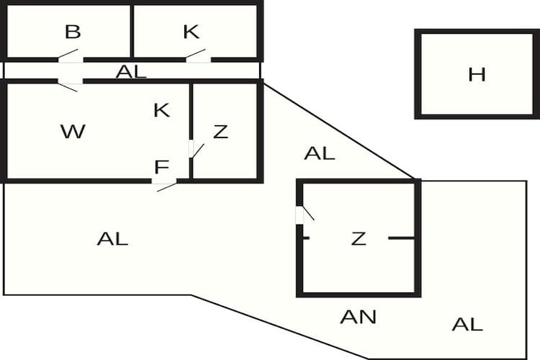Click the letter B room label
click(x=73, y=32)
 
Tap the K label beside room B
click(x=191, y=32)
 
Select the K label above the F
click(x=161, y=110)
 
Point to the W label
click(x=73, y=131)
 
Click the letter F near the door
click(x=161, y=167)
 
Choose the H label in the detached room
click(x=477, y=74)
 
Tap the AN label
click(x=358, y=317)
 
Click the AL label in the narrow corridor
click(x=131, y=72)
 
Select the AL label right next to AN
click(x=467, y=324)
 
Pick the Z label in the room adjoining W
click(x=220, y=132)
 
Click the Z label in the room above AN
click(x=358, y=238)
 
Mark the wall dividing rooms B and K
click(x=132, y=31)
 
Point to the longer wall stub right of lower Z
click(x=402, y=238)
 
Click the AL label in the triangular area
click(x=320, y=153)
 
